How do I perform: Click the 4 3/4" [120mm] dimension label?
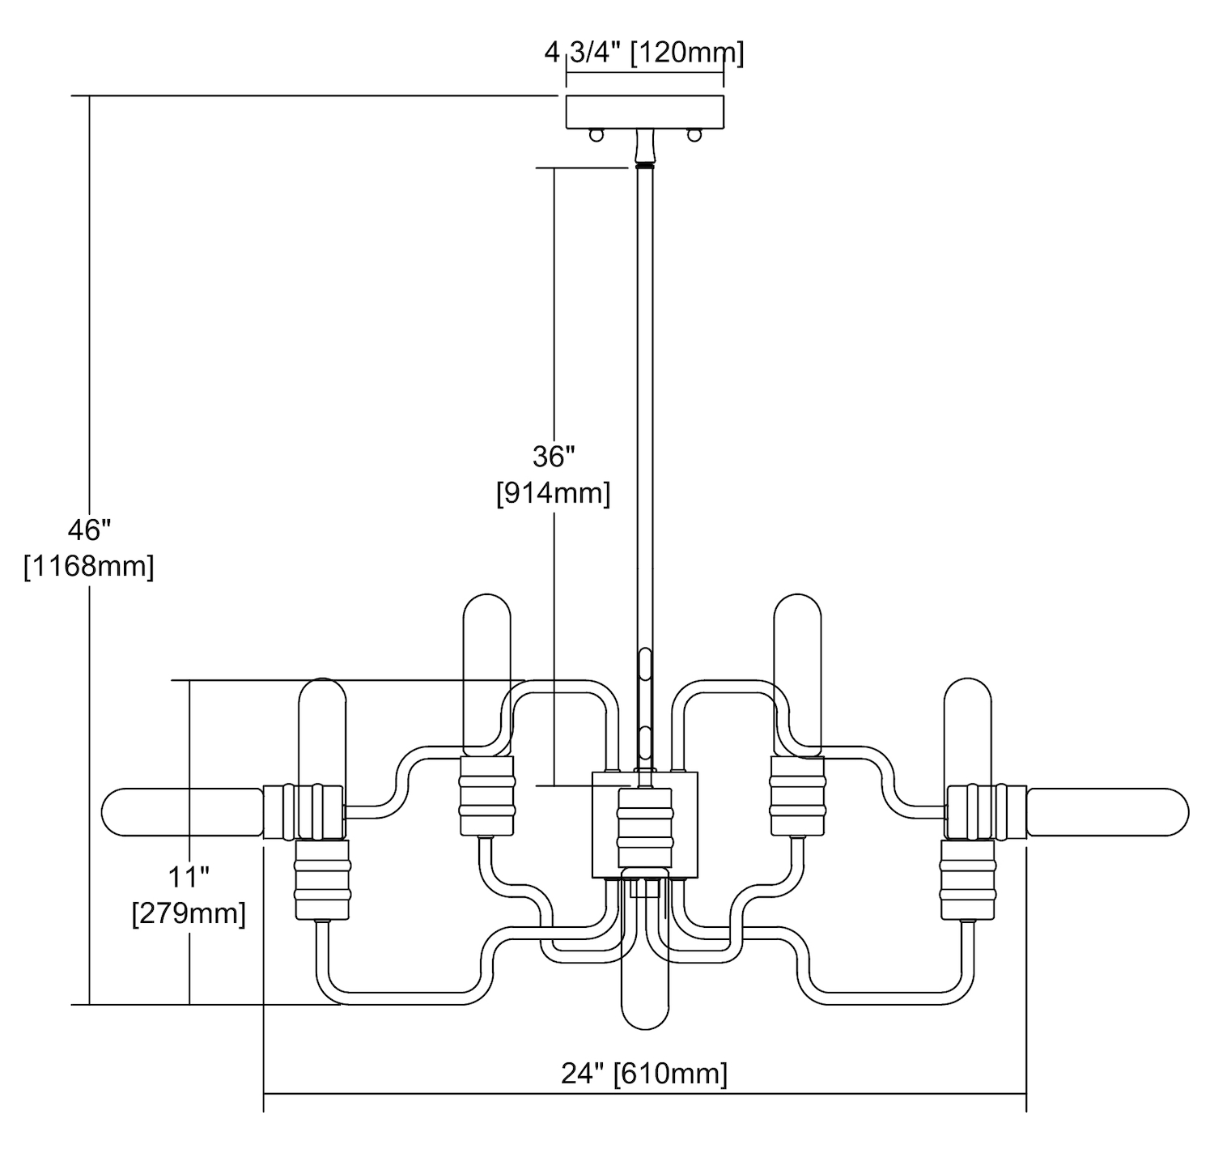click(644, 53)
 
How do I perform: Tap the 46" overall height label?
click(89, 531)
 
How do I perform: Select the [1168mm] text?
click(89, 566)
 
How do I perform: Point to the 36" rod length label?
click(554, 457)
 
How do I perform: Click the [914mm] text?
click(554, 492)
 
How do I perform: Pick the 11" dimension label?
click(189, 876)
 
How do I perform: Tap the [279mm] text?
click(189, 913)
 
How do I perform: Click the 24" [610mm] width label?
click(644, 1074)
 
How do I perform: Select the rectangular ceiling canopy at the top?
click(644, 112)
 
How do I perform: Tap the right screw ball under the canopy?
click(693, 135)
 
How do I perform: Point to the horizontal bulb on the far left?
click(182, 811)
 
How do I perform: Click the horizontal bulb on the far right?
click(1107, 811)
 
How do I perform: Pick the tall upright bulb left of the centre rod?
click(486, 672)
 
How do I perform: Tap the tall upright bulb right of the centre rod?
click(798, 672)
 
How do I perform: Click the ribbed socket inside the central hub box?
click(645, 826)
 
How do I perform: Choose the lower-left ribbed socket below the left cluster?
click(322, 879)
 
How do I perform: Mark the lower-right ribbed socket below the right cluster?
click(966, 879)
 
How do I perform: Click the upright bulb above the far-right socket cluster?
click(966, 729)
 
